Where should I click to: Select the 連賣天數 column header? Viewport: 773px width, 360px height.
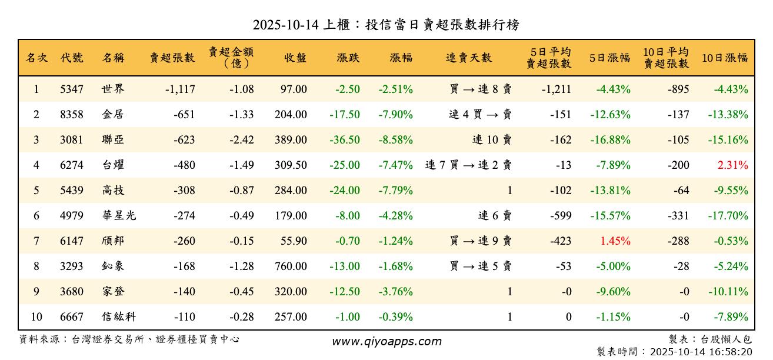469,58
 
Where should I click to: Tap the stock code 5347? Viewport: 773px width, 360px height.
72,89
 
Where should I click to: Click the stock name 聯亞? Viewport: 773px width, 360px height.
112,140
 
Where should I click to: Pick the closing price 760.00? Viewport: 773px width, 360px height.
291,266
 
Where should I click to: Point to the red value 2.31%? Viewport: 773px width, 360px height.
732,165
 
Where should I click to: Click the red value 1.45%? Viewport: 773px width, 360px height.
615,241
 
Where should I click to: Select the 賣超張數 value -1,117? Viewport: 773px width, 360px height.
180,89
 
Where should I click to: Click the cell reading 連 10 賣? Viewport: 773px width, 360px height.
492,140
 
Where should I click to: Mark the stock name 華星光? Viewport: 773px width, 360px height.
118,216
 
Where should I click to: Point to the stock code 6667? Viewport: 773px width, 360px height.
72,317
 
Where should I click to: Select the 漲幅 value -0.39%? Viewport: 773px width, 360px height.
395,317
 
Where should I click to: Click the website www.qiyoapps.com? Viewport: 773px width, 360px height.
386,341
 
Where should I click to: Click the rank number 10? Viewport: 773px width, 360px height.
36,317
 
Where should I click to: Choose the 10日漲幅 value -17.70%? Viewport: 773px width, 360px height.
728,216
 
